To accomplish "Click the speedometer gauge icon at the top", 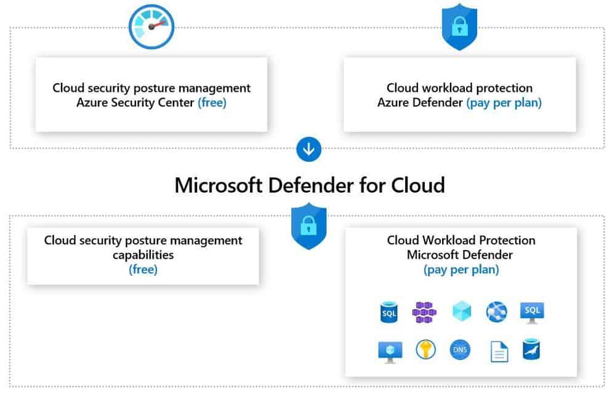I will pos(151,26).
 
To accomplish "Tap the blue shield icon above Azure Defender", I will pos(459,26).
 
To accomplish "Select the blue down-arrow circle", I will pos(308,148).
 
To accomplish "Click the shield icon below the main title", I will pos(308,226).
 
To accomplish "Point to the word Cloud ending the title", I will pos(418,185).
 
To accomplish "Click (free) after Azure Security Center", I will pos(212,103).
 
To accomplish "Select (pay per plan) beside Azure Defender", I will pos(504,103).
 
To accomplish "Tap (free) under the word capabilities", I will pos(143,269).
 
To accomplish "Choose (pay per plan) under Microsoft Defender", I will pos(461,269).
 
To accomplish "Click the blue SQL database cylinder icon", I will pos(389,312).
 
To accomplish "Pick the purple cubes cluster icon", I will pos(425,312).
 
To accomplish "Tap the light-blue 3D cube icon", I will pos(461,312).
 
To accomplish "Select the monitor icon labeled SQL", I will pos(532,312).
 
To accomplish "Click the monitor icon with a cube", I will pos(390,350).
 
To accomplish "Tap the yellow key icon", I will pos(425,350).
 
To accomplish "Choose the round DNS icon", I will pos(460,350).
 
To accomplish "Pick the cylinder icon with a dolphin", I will pos(531,349).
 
